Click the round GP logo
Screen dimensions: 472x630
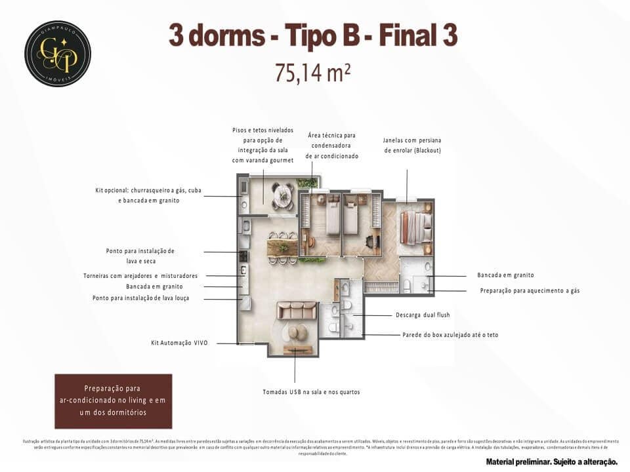tap(58, 54)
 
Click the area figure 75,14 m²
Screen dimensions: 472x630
tap(312, 73)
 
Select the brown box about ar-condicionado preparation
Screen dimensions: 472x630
tap(113, 401)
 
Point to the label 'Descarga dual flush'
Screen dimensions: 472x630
tap(423, 315)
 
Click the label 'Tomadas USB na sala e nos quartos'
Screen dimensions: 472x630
tap(311, 392)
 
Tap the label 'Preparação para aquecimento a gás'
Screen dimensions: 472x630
tap(530, 290)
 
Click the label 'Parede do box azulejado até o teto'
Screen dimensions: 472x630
tap(450, 334)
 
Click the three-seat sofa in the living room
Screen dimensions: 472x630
tap(296, 309)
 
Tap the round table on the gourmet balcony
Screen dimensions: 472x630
tap(283, 193)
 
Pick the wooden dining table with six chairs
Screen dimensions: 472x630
tap(282, 247)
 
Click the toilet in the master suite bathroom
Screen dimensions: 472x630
tap(406, 285)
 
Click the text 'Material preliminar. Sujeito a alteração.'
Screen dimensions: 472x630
tap(551, 462)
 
